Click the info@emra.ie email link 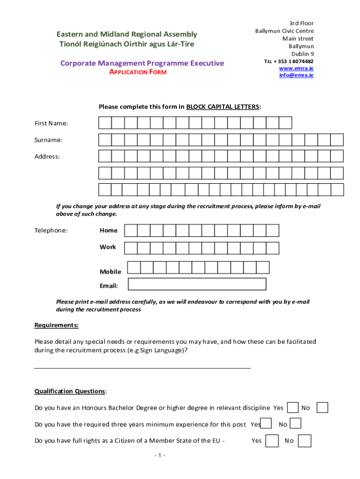point(296,75)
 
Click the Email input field point(197,284)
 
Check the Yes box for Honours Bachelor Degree point(293,407)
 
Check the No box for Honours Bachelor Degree point(322,407)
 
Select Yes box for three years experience point(266,424)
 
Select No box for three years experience point(295,424)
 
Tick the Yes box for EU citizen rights point(272,441)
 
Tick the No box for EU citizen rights point(304,441)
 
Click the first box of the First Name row point(105,123)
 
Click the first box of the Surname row point(105,140)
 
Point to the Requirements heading point(57,325)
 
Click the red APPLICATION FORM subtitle point(138,72)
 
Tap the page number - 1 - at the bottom point(159,456)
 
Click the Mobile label point(110,272)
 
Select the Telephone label point(51,230)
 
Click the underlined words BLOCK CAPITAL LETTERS point(223,107)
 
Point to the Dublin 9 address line point(302,54)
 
